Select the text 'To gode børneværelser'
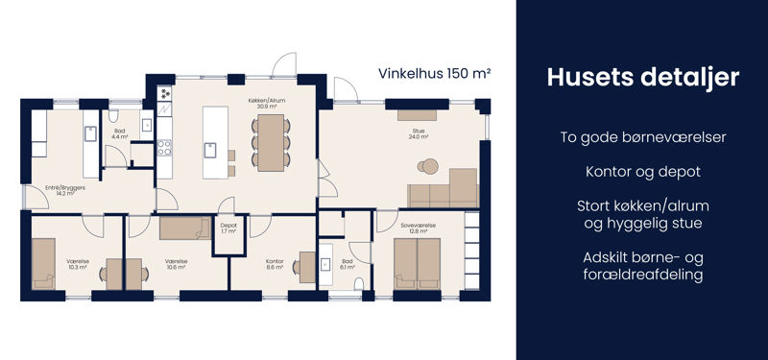[642, 137]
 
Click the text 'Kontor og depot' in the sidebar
[642, 172]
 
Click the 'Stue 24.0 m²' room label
[418, 134]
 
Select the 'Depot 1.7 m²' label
[228, 228]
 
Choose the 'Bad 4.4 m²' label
[120, 134]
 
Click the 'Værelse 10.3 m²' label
[79, 266]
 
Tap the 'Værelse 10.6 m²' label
[176, 266]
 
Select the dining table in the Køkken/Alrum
[271, 142]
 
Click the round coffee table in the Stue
[424, 167]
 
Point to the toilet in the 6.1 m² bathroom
[359, 283]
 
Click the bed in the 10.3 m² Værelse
[44, 262]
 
